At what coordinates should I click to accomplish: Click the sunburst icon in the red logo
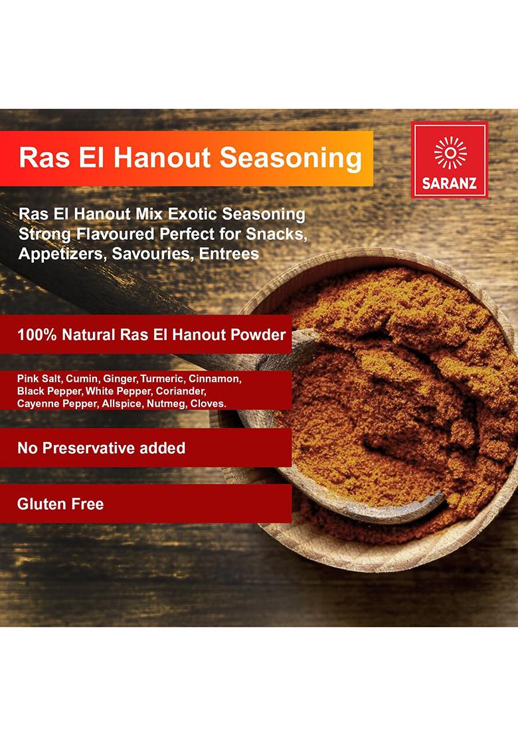pyautogui.click(x=450, y=153)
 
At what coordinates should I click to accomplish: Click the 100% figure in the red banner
pyautogui.click(x=37, y=334)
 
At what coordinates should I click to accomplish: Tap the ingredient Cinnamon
pyautogui.click(x=215, y=379)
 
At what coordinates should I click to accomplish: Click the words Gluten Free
pyautogui.click(x=60, y=504)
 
